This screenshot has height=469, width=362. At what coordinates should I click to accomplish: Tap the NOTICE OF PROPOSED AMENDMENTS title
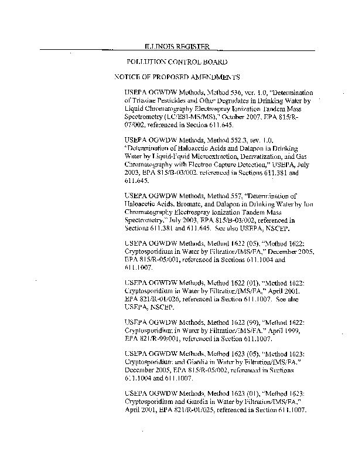[x=177, y=77]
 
